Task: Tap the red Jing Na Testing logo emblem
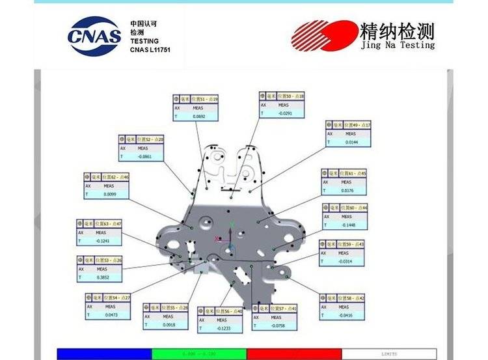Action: [321, 36]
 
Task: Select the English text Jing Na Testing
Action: [397, 45]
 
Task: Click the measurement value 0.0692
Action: [199, 117]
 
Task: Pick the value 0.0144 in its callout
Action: [351, 141]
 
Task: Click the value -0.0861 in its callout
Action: [144, 157]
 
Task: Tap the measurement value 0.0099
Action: [110, 194]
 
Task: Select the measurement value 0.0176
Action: [347, 190]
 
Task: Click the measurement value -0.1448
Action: [349, 225]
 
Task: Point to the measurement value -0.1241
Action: [102, 241]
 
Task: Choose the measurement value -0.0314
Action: [344, 261]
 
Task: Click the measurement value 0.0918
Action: [169, 324]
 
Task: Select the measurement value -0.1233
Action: [223, 328]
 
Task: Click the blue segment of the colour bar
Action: [104, 353]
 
